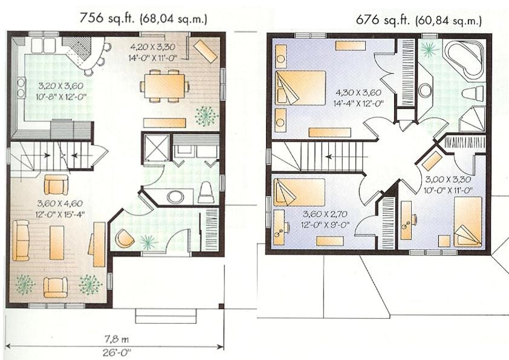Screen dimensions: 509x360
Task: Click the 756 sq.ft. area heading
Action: click(x=143, y=18)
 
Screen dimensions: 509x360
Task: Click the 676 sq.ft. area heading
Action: click(x=419, y=20)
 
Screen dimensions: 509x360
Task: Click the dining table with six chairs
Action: click(x=164, y=86)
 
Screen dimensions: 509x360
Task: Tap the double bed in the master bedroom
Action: click(x=300, y=88)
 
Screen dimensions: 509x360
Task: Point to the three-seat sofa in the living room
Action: click(x=21, y=240)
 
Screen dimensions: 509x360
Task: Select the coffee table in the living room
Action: click(x=57, y=242)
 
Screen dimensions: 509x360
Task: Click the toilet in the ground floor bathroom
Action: click(x=206, y=192)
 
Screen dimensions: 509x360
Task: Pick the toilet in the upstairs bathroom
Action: click(x=473, y=93)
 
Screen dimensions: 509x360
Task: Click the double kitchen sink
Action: click(x=44, y=45)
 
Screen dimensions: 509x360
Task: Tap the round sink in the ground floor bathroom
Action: click(x=176, y=197)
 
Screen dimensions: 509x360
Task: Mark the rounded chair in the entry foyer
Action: click(x=125, y=238)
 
